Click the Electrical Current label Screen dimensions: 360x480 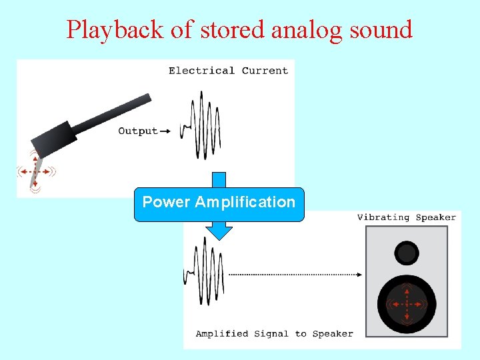pyautogui.click(x=228, y=71)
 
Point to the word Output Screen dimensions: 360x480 pyautogui.click(x=138, y=131)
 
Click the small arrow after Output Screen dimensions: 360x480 pyautogui.click(x=165, y=131)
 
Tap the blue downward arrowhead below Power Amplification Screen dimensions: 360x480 pyautogui.click(x=219, y=232)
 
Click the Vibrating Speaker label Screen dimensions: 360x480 pyautogui.click(x=407, y=217)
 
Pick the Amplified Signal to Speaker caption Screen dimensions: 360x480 pyautogui.click(x=274, y=333)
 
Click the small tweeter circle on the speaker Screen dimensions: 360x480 pyautogui.click(x=406, y=253)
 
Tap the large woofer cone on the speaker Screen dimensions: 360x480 pyautogui.click(x=407, y=305)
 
